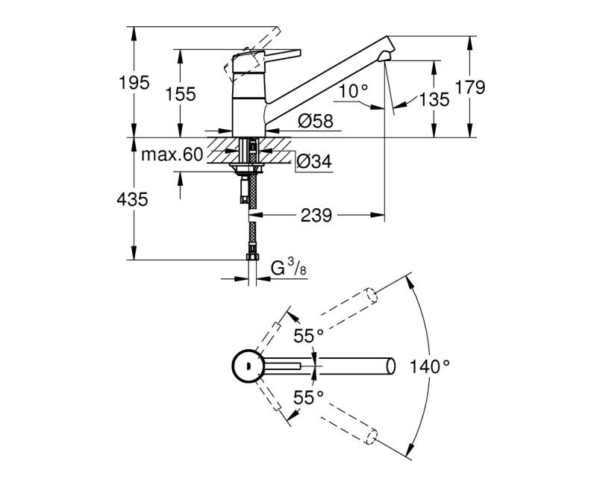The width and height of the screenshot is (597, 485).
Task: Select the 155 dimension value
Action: click(x=181, y=94)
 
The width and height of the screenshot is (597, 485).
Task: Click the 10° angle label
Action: click(x=353, y=90)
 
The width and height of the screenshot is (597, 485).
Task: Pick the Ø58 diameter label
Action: click(x=314, y=120)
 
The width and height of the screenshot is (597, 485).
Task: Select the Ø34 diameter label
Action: click(x=314, y=160)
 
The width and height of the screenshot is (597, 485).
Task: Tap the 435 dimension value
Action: click(x=134, y=199)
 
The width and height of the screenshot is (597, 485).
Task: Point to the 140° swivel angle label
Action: click(x=430, y=366)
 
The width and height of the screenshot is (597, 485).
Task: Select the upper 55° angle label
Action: click(x=308, y=337)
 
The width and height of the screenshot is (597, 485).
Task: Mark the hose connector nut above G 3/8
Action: click(x=252, y=255)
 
